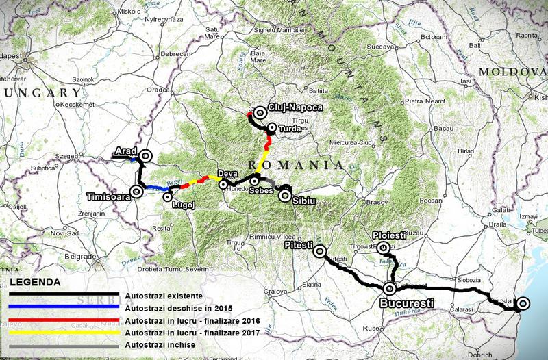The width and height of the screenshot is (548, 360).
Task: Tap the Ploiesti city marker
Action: click(384, 248)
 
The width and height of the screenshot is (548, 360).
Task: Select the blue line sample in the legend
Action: click(65, 307)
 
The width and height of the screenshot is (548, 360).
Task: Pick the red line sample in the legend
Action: click(65, 320)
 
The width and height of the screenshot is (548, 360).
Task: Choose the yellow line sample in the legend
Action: click(65, 332)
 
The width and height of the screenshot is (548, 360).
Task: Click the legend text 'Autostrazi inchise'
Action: click(160, 344)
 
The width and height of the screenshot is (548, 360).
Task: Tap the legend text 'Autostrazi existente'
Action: click(164, 295)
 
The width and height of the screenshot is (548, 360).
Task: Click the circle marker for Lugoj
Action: click(168, 197)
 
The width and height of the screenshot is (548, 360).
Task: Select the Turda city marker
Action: click(272, 127)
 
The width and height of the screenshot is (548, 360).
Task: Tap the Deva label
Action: click(226, 174)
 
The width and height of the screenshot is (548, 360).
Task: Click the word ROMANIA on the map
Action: click(295, 165)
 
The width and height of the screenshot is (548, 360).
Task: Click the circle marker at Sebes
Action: click(254, 181)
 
